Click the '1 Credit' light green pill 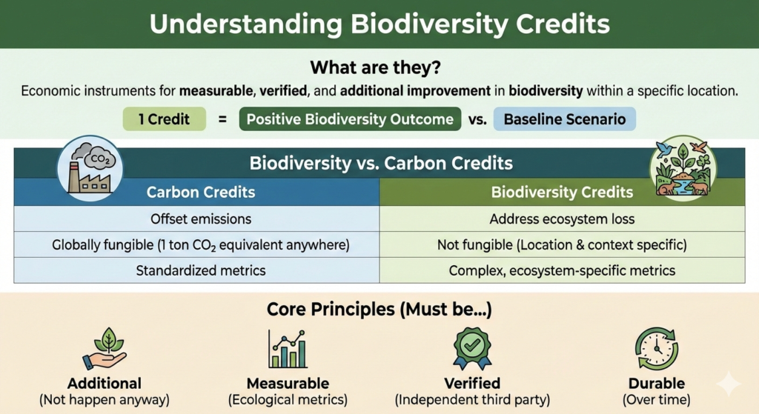(164, 119)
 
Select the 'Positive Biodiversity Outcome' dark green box (350, 119)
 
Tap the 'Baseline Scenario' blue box (564, 119)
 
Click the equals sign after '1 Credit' (222, 119)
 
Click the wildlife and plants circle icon (683, 168)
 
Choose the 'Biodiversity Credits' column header (562, 192)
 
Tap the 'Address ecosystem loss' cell (562, 219)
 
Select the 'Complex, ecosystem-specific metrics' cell (562, 270)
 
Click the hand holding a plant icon (105, 349)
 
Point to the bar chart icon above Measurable (288, 349)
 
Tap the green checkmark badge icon (472, 348)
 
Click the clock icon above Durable (657, 349)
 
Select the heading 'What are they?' (376, 67)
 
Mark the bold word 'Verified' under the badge (472, 384)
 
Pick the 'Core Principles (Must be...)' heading (379, 310)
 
